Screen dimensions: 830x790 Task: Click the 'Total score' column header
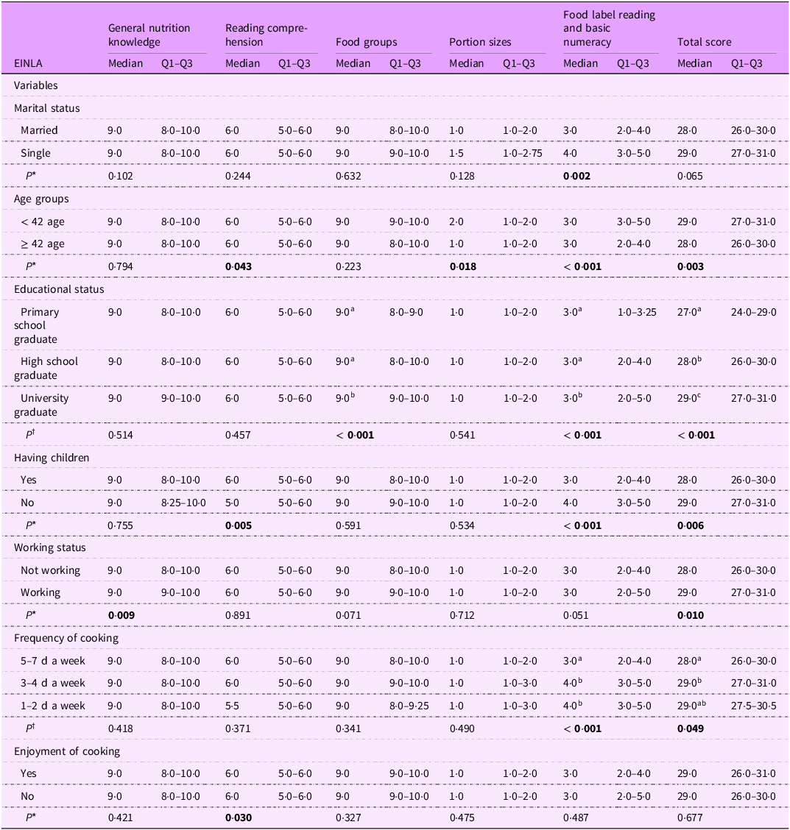pyautogui.click(x=704, y=42)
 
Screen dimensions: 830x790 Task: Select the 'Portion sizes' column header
pyautogui.click(x=479, y=42)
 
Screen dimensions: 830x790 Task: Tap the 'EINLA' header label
pyautogui.click(x=29, y=63)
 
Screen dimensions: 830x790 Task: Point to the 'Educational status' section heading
pyautogui.click(x=59, y=289)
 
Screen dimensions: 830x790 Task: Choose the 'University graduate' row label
pyautogui.click(x=44, y=405)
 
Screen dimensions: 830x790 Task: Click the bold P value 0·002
pyautogui.click(x=581, y=176)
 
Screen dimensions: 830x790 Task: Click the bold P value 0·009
pyautogui.click(x=125, y=615)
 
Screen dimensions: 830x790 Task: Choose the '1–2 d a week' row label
pyautogui.click(x=53, y=706)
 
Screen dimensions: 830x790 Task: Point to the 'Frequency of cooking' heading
pyautogui.click(x=66, y=638)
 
